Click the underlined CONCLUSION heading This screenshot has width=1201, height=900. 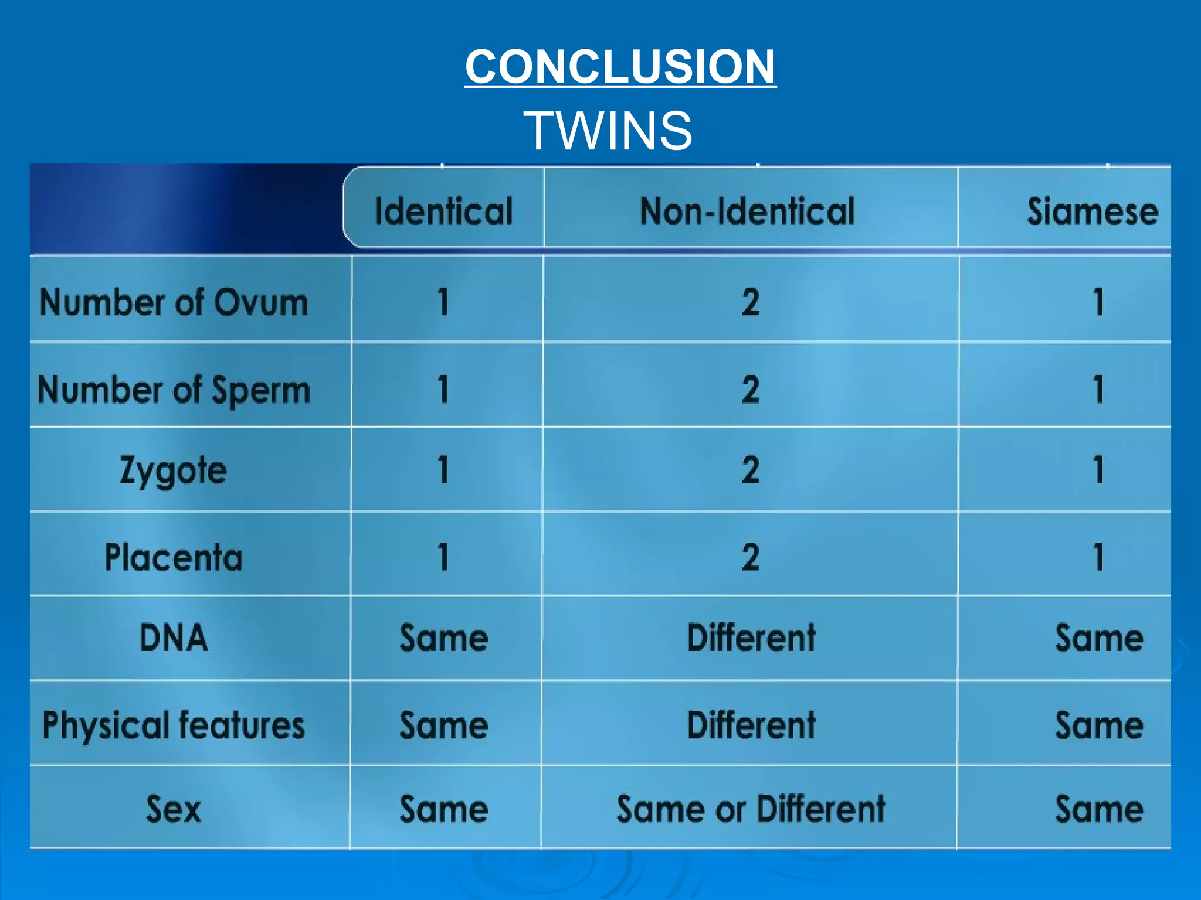click(x=620, y=66)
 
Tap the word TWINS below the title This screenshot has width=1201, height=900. click(x=608, y=130)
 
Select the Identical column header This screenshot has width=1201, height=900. click(x=444, y=211)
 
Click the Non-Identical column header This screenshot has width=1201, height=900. click(x=748, y=211)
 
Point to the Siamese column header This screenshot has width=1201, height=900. click(x=1093, y=211)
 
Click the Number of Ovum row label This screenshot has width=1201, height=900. click(x=174, y=302)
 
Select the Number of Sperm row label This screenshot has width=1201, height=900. click(x=174, y=390)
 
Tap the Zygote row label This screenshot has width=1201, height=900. click(x=174, y=470)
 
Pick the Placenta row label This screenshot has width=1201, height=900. click(x=174, y=557)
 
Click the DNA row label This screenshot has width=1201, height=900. click(x=174, y=637)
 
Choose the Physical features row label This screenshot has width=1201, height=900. click(x=174, y=725)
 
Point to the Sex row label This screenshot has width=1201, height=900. click(x=174, y=809)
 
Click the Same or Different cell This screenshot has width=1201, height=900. click(x=751, y=809)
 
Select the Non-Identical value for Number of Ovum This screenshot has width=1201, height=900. click(x=751, y=302)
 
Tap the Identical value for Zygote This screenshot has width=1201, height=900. click(x=444, y=470)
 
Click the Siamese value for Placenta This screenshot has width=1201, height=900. click(x=1099, y=557)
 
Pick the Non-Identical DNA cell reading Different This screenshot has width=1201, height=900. click(x=751, y=637)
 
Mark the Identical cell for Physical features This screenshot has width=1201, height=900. click(x=444, y=725)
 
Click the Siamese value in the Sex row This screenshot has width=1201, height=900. click(x=1099, y=809)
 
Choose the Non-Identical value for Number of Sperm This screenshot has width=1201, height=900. click(x=751, y=390)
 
